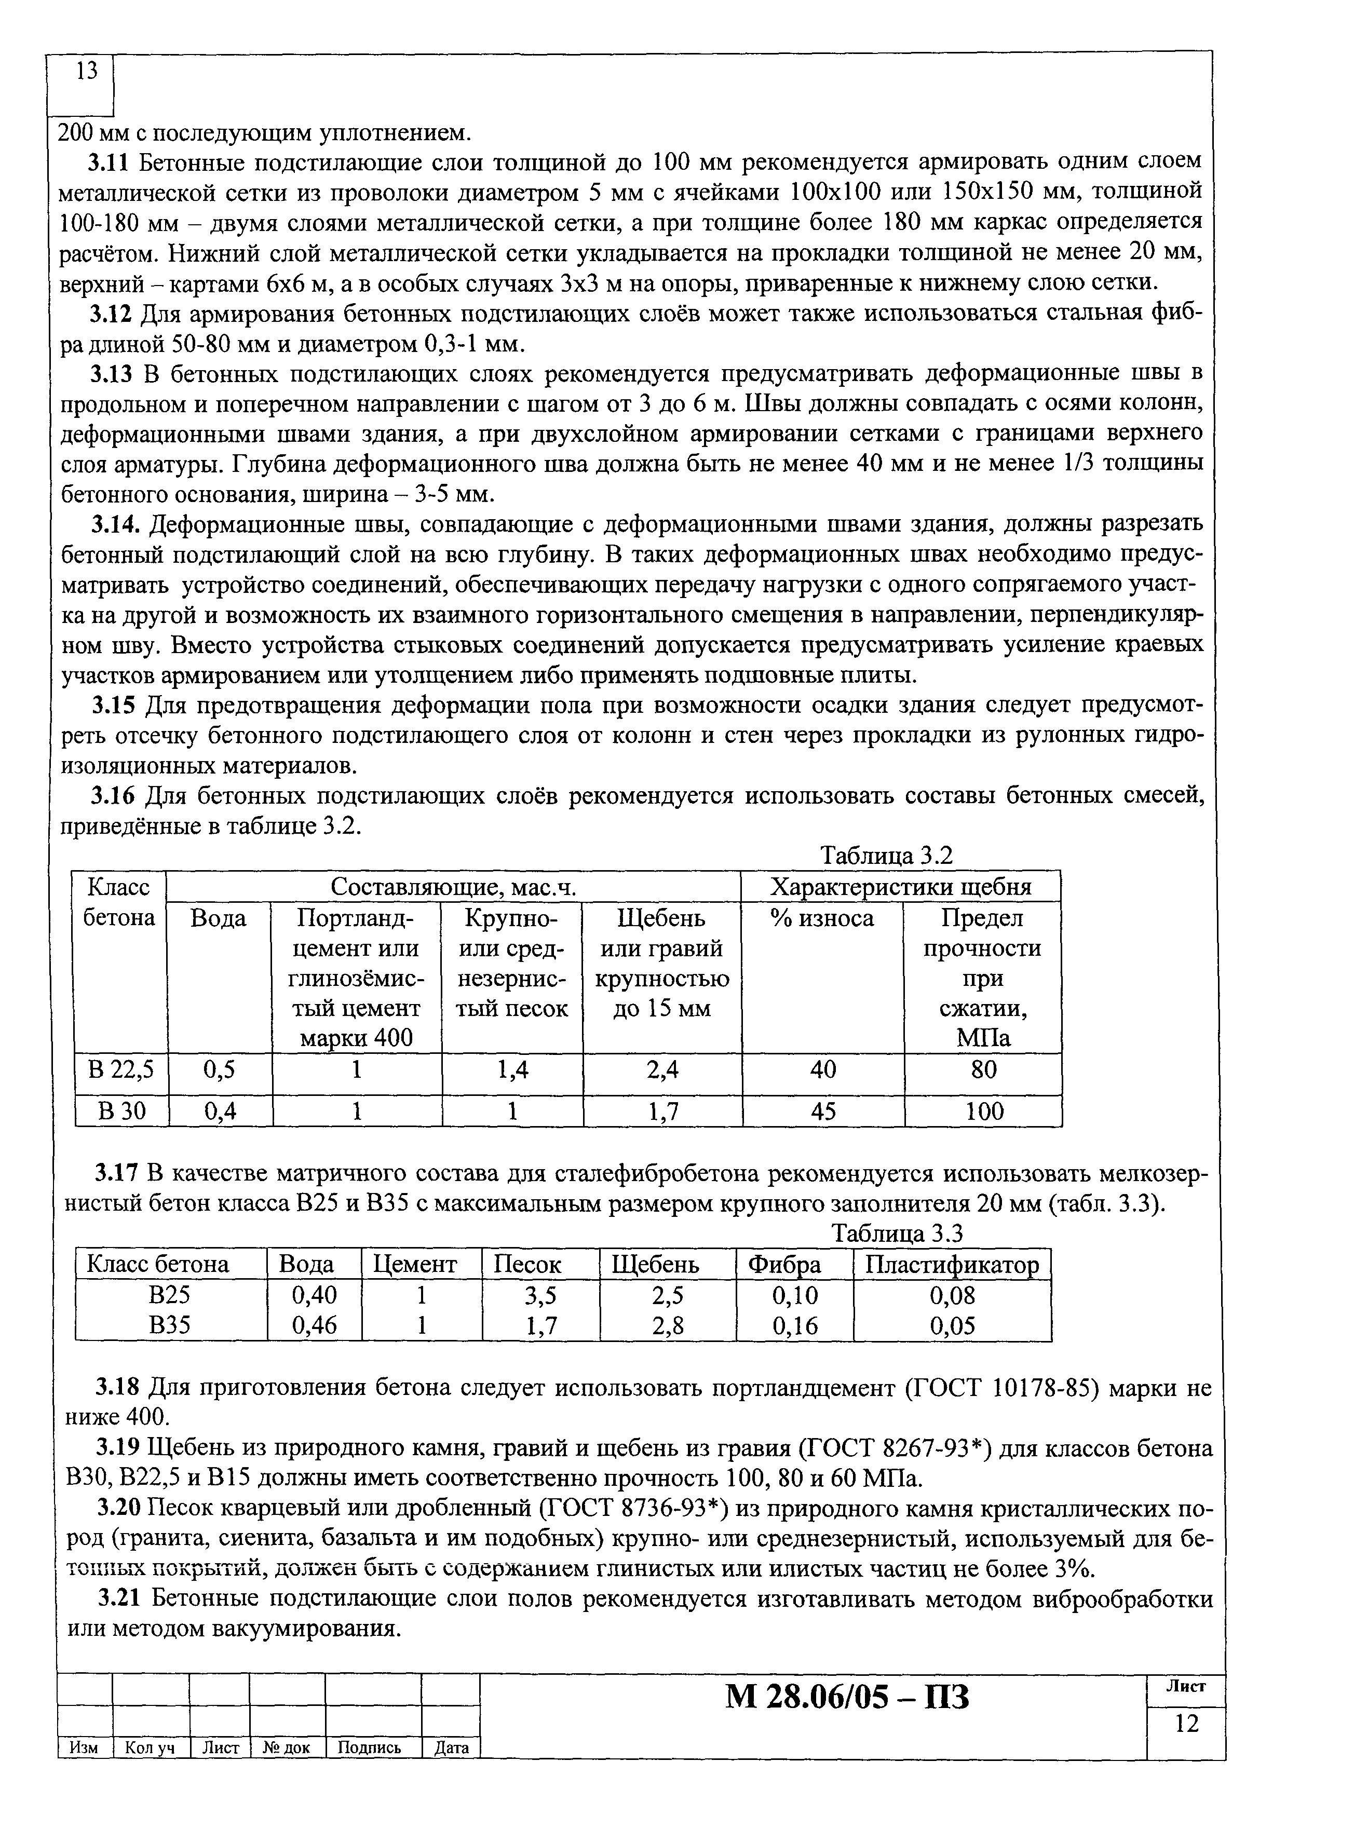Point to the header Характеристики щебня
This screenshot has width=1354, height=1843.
(901, 887)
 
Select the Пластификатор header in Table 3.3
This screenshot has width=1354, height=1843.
(952, 1265)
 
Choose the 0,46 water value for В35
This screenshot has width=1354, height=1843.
(314, 1325)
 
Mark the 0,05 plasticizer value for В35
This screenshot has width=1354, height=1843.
(952, 1325)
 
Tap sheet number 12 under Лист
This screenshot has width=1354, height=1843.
(1186, 1724)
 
